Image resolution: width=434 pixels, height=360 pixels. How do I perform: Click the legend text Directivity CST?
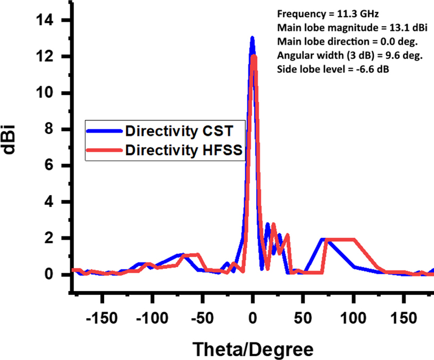click(178, 131)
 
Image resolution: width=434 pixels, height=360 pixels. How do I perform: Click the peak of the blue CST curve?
click(252, 38)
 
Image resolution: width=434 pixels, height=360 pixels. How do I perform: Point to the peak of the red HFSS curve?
click(254, 56)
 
